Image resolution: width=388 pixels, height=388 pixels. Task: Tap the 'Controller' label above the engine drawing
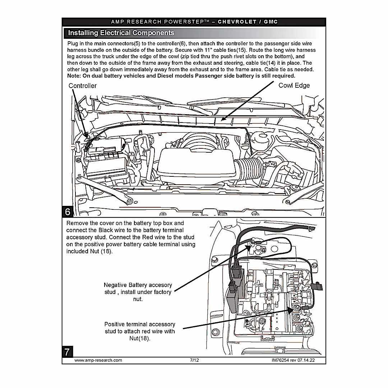(82, 86)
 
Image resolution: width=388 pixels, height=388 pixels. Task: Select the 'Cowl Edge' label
(294, 86)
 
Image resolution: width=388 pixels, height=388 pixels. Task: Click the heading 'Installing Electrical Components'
(121, 33)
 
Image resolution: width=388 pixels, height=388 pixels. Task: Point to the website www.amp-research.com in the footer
(98, 360)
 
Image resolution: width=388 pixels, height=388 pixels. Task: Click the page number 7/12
(194, 360)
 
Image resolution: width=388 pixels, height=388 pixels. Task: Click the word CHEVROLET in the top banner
(237, 22)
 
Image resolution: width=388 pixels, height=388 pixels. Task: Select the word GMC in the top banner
(271, 22)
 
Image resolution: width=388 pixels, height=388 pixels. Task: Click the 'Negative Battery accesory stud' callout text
(138, 292)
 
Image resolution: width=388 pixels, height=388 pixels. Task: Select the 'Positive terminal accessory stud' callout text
(140, 331)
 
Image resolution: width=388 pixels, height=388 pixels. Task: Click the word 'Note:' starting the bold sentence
(75, 76)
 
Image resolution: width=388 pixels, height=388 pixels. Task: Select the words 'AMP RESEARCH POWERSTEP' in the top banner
(160, 22)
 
